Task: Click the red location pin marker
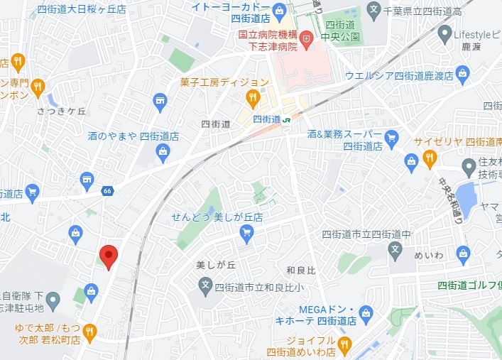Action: point(107,256)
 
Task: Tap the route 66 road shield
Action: point(107,190)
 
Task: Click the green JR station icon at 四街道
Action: point(287,120)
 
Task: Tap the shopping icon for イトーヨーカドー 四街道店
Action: point(280,10)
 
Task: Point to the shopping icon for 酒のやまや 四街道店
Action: point(163,151)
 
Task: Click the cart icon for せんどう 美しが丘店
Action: point(246,231)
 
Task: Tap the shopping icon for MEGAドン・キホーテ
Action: point(366,312)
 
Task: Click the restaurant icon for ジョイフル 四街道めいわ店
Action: point(344,345)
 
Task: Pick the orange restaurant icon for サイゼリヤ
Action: point(429,158)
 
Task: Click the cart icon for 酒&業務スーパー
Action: point(391,136)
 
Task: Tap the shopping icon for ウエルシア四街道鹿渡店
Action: point(463,72)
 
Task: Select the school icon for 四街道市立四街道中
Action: point(396,249)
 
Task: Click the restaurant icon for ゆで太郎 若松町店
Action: point(89,330)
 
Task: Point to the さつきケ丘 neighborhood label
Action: point(61,111)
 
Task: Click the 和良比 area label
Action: point(300,270)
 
